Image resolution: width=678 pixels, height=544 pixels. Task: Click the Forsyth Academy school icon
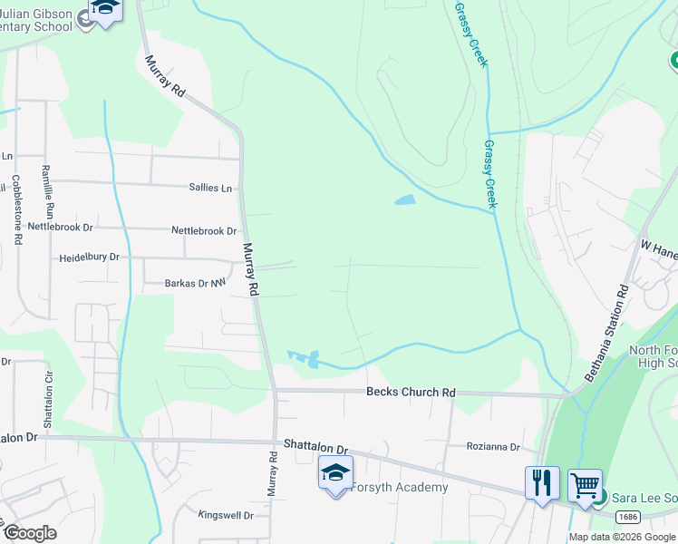[x=335, y=472]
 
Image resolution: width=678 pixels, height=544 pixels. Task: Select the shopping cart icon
[x=586, y=484]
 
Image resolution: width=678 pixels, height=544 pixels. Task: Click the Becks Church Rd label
[x=410, y=393]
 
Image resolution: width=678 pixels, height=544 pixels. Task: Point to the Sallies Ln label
[x=210, y=188]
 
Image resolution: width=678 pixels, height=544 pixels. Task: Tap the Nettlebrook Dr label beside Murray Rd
[x=204, y=231]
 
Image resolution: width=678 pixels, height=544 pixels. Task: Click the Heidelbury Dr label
[x=89, y=257]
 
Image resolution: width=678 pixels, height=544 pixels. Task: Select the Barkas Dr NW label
[x=194, y=284]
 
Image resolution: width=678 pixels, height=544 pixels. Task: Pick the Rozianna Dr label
[x=493, y=447]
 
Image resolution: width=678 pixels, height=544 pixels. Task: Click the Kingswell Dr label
[x=226, y=515]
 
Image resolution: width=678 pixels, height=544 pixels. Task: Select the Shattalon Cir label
[x=47, y=403]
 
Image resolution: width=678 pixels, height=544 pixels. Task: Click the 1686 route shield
[x=628, y=516]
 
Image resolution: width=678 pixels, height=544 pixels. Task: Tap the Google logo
[x=30, y=532]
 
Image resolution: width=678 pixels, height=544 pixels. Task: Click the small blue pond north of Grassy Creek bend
[x=404, y=199]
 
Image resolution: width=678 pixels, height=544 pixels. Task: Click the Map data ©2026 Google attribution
[x=621, y=537]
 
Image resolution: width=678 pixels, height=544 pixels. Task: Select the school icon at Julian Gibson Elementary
[x=105, y=12]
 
